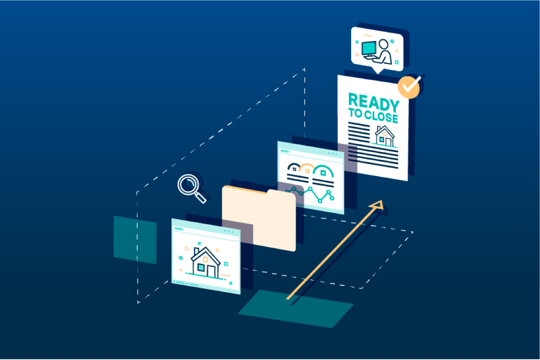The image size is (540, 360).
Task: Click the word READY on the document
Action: click(x=373, y=102)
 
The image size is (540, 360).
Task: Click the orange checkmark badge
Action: click(x=409, y=87)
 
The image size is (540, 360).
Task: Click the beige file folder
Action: click(x=258, y=218)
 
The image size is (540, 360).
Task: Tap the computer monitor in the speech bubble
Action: click(x=369, y=48)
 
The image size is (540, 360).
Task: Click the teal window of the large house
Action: click(x=201, y=267)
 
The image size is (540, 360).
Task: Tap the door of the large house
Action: click(x=211, y=270)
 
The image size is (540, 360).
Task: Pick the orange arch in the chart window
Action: click(x=307, y=168)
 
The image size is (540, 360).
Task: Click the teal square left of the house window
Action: click(x=135, y=240)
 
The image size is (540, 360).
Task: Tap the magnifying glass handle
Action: click(x=201, y=197)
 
